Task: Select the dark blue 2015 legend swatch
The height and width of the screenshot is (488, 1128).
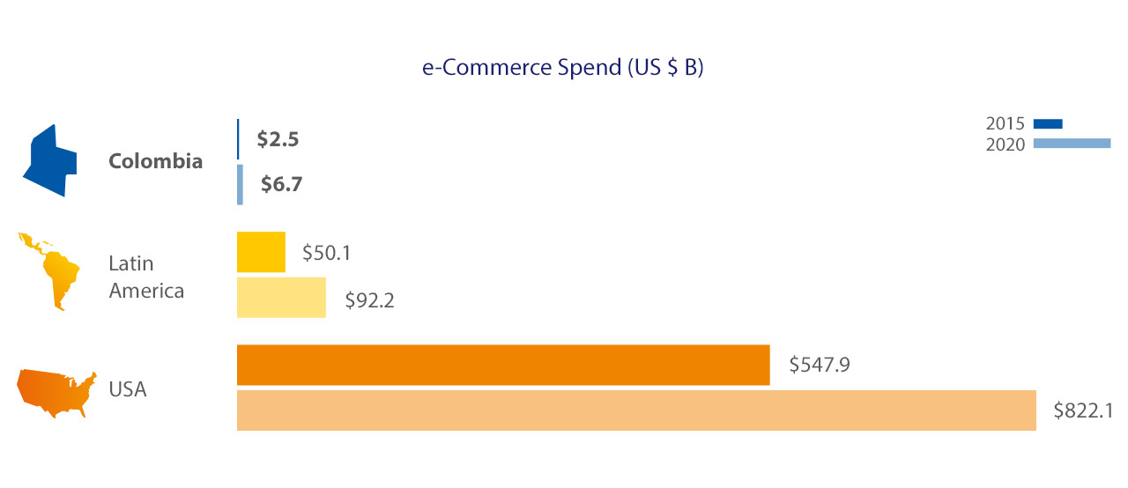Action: click(1048, 123)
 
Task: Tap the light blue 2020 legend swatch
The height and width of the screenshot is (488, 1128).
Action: click(1072, 144)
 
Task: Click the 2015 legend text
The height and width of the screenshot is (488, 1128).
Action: click(1005, 123)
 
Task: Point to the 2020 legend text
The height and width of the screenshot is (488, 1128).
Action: click(1005, 144)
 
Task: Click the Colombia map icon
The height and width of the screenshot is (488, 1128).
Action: click(49, 160)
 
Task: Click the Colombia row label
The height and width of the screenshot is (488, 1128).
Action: click(155, 161)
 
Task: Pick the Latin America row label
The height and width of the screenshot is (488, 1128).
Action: click(146, 277)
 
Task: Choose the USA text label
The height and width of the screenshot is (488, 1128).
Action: click(128, 388)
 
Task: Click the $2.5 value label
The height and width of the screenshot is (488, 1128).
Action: click(278, 139)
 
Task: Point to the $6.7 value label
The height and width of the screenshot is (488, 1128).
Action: click(283, 184)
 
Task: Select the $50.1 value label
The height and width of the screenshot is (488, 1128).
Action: click(327, 253)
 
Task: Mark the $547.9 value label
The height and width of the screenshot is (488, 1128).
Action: click(819, 364)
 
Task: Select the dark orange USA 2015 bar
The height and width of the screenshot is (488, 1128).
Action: click(503, 365)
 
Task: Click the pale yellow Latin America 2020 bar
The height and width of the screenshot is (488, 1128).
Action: click(281, 297)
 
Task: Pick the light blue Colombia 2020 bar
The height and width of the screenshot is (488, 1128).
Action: click(240, 185)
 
